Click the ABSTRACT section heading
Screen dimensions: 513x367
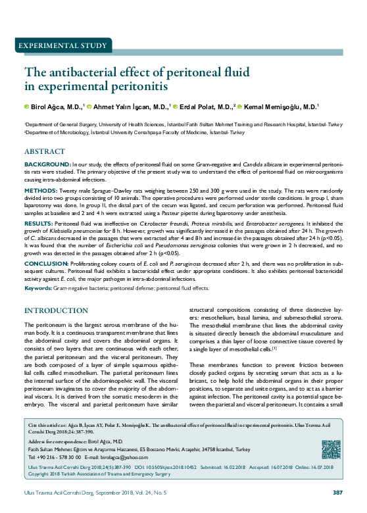pyautogui.click(x=44, y=151)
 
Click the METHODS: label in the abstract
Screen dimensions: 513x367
pyautogui.click(x=41, y=189)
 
